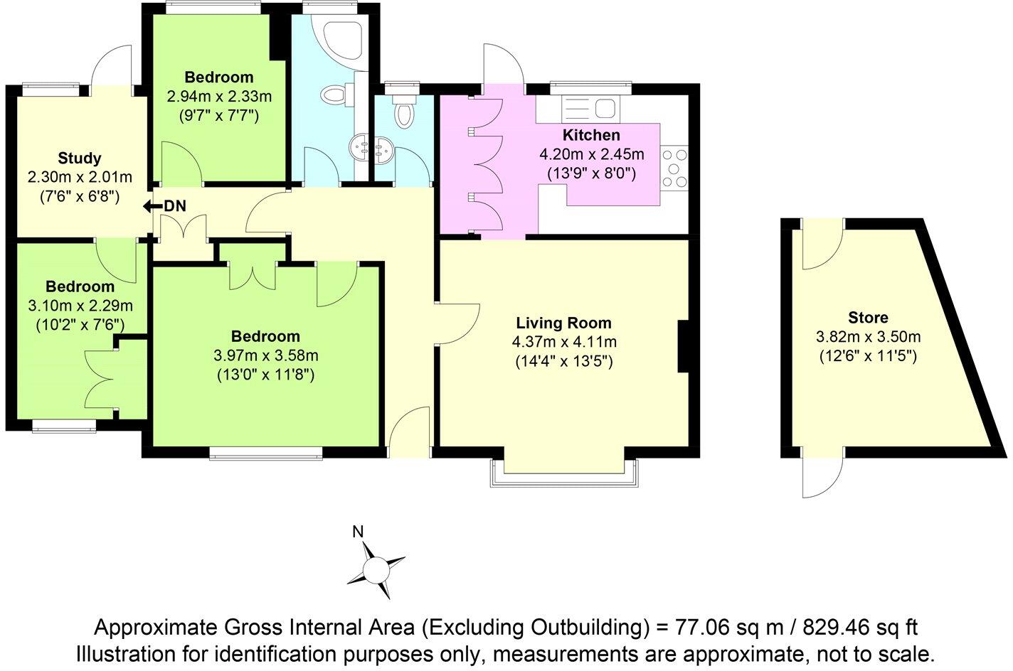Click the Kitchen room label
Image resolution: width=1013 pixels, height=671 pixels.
click(x=591, y=135)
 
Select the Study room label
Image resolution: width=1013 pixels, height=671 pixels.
click(x=80, y=158)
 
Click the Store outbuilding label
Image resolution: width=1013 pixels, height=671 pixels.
click(x=868, y=318)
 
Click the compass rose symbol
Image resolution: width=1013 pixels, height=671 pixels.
click(x=375, y=569)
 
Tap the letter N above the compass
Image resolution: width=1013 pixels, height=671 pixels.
click(x=359, y=531)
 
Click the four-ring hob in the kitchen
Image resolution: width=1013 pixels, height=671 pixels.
click(x=675, y=168)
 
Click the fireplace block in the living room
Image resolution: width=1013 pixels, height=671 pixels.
click(x=684, y=347)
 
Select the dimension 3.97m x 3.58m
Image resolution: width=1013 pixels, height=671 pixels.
click(x=267, y=355)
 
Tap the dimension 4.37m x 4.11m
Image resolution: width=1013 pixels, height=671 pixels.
click(x=564, y=342)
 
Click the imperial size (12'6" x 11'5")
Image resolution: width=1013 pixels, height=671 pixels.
click(x=868, y=354)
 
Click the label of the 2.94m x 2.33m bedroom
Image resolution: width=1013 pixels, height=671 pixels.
click(x=219, y=77)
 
